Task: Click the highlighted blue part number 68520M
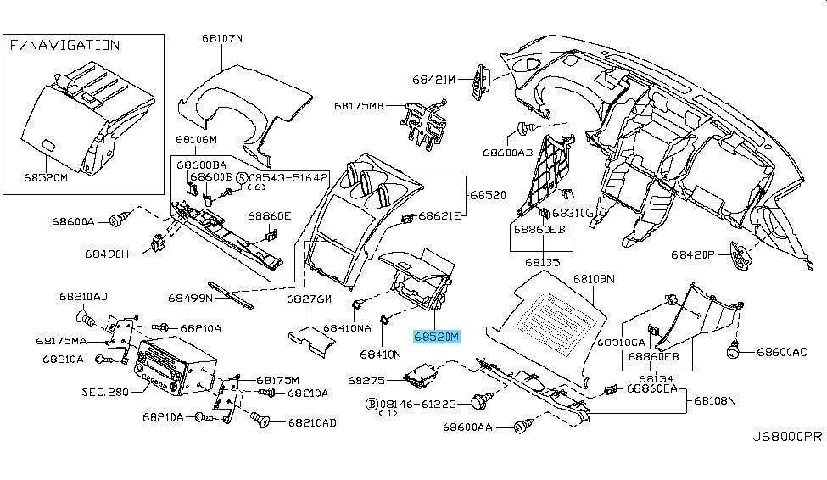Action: [x=436, y=337]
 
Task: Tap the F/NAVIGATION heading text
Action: [x=65, y=45]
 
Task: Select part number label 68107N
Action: [x=222, y=38]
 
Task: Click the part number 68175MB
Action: [x=359, y=106]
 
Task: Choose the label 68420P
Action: [x=695, y=254]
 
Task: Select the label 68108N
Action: [x=716, y=400]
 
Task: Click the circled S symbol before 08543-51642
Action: [x=241, y=177]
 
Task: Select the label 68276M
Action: [x=307, y=299]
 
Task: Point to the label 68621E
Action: [x=439, y=216]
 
